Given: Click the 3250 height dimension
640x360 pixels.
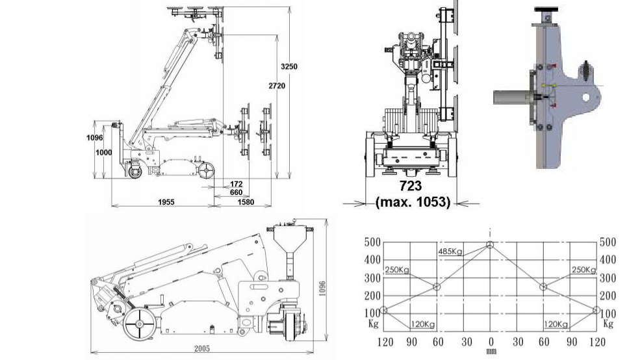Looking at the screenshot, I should point(289,66).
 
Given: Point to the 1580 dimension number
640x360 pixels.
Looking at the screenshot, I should point(245,202).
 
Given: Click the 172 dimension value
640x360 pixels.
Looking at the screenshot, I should point(235,185).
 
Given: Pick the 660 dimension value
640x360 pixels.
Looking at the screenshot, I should point(235,192).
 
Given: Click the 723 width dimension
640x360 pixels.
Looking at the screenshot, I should point(413,186).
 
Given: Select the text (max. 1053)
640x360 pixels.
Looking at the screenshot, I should point(413,202).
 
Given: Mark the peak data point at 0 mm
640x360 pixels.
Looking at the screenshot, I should point(489,244).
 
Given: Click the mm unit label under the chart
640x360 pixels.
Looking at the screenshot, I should point(491,352).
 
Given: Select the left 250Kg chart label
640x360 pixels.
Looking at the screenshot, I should point(396,270).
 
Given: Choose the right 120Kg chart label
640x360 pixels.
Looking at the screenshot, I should point(555,324).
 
